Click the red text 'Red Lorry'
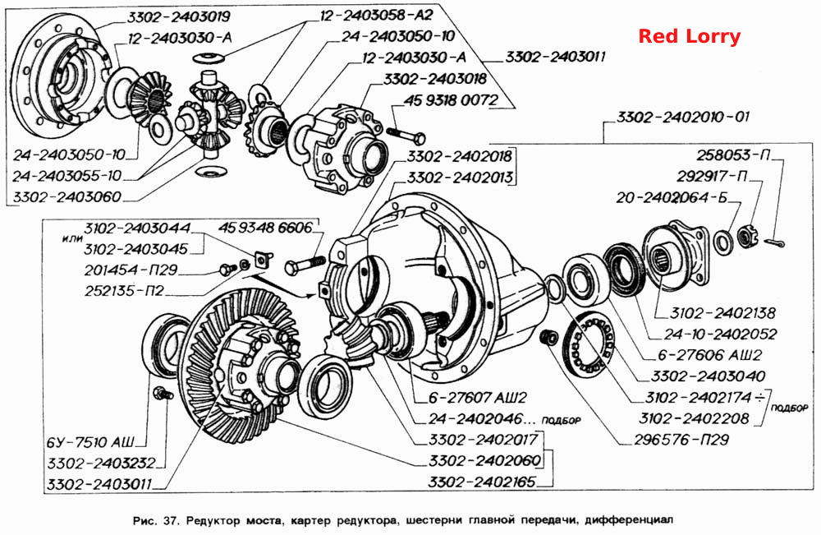click(x=689, y=36)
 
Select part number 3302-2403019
click(x=178, y=16)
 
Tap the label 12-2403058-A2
click(x=376, y=15)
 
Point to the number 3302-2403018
click(x=435, y=79)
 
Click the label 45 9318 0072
click(x=451, y=99)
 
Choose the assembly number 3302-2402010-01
click(x=683, y=116)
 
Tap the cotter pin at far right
click(x=774, y=242)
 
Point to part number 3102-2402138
click(x=723, y=313)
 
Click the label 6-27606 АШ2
click(x=710, y=355)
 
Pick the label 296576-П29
click(x=681, y=439)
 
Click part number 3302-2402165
click(x=482, y=482)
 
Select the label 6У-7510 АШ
click(x=90, y=442)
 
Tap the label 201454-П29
click(x=131, y=270)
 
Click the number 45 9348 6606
click(x=265, y=228)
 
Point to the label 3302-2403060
click(x=67, y=197)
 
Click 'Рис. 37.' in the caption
click(x=156, y=520)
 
